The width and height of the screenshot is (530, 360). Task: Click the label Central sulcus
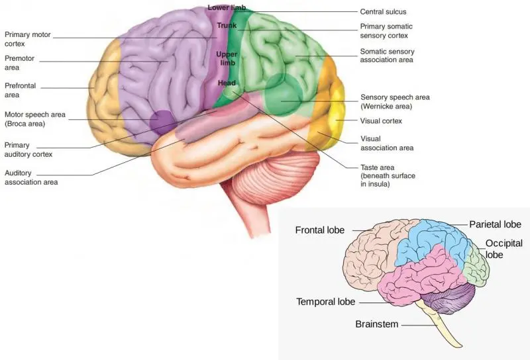click(382, 11)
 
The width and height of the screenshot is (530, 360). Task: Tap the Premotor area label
click(19, 63)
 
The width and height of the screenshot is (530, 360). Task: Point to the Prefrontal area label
click(21, 90)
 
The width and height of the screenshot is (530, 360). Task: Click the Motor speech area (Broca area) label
click(34, 118)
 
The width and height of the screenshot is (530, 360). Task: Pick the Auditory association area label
click(30, 177)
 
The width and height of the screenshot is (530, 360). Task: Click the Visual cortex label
click(381, 121)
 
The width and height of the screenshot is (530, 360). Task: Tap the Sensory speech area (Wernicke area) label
click(395, 101)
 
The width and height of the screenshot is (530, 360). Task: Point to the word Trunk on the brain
click(227, 26)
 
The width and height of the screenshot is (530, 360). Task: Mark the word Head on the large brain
click(227, 83)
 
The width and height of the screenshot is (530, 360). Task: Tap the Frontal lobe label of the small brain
click(320, 230)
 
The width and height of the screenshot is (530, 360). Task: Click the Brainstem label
click(378, 324)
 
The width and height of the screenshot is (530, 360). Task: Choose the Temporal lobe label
click(325, 302)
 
